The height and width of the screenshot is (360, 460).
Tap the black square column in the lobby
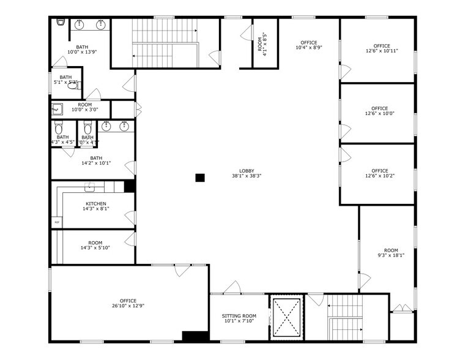pyautogui.click(x=199, y=178)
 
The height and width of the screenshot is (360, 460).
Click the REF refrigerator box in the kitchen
pyautogui.click(x=57, y=222)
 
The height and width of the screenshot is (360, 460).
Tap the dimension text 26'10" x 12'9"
pyautogui.click(x=128, y=306)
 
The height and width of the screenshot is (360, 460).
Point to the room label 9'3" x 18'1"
pyautogui.click(x=390, y=254)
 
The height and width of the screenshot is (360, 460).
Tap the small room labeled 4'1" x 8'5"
pyautogui.click(x=264, y=44)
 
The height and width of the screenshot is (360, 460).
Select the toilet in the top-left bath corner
pyautogui.click(x=61, y=23)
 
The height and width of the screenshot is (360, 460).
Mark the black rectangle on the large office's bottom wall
pyautogui.click(x=196, y=336)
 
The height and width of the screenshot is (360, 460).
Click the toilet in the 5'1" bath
pyautogui.click(x=73, y=86)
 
